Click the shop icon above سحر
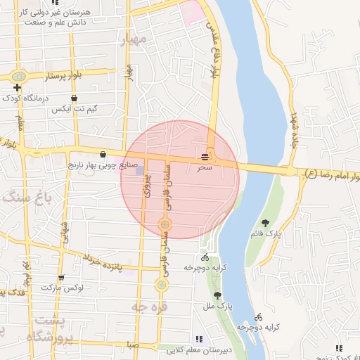click(x=205, y=155)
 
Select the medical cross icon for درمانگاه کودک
click(x=16, y=88)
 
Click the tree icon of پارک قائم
click(x=264, y=222)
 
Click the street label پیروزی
click(x=147, y=188)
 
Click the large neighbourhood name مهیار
click(x=134, y=41)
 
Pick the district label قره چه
click(x=148, y=306)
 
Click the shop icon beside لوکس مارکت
click(x=61, y=278)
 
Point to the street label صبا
click(x=133, y=345)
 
